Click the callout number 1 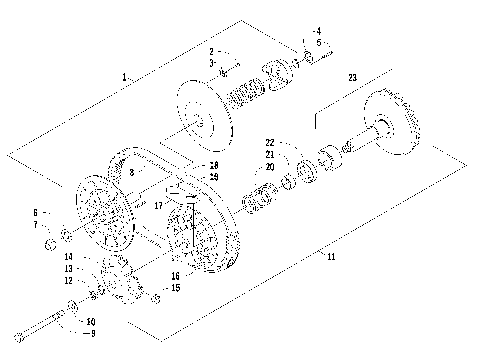[125, 76]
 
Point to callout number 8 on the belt [131, 173]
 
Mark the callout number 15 [175, 288]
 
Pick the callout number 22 [270, 142]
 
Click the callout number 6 [35, 212]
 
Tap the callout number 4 [318, 32]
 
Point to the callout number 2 [212, 50]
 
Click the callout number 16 [174, 275]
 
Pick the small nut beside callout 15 [157, 297]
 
